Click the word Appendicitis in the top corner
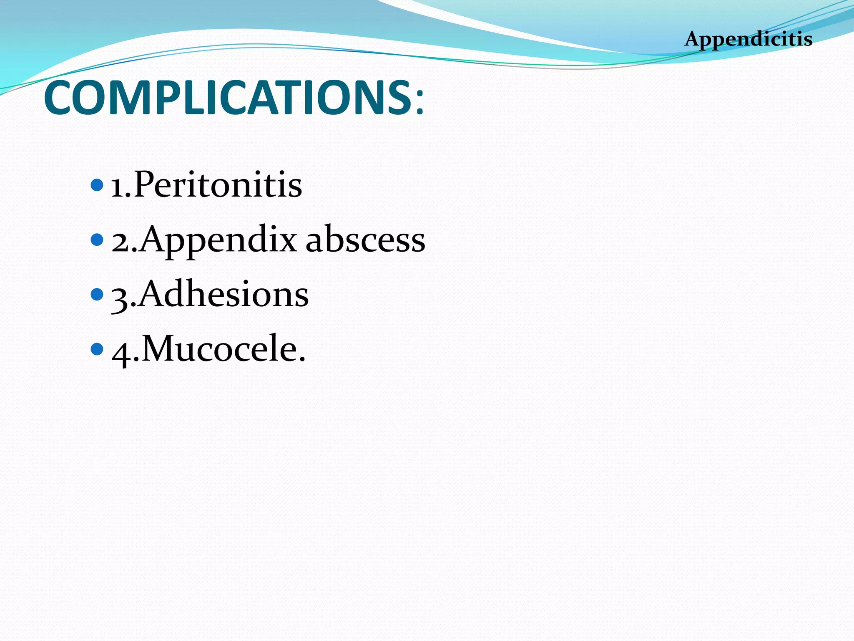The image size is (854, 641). [x=748, y=39]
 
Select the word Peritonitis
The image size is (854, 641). [x=218, y=184]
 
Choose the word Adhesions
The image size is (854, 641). [x=223, y=294]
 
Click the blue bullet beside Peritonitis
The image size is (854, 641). [x=97, y=185]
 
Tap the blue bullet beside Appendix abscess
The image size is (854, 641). [x=97, y=240]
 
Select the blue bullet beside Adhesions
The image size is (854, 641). [x=97, y=294]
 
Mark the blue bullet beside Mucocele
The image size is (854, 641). [x=97, y=349]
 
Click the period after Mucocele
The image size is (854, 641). [x=302, y=360]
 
